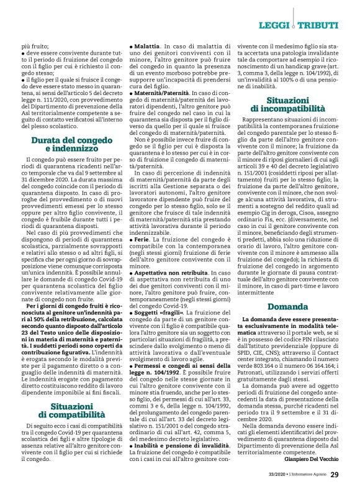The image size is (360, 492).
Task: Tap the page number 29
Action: tap(334, 476)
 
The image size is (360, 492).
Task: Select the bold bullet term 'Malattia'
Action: tap(146, 47)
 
